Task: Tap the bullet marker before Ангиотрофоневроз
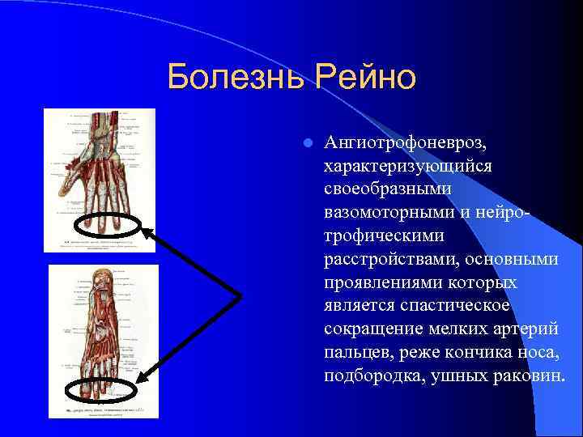[307, 143]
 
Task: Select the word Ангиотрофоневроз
[405, 143]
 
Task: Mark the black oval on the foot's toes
[100, 391]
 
